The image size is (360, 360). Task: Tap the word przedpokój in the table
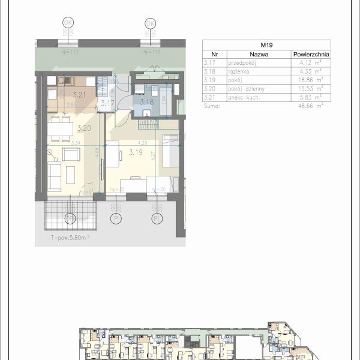click(x=242, y=62)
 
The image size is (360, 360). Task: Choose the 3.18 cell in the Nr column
click(x=209, y=70)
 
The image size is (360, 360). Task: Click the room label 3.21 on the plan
click(x=79, y=94)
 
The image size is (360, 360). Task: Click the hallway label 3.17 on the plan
click(x=107, y=103)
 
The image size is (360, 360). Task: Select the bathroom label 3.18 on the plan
click(x=146, y=103)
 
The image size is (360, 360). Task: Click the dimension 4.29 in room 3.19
click(x=142, y=143)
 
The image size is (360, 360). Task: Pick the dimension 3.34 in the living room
click(x=76, y=143)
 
